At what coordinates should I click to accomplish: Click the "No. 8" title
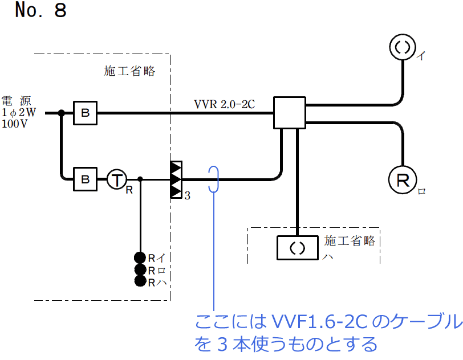(x=40, y=11)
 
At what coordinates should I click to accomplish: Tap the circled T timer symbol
(x=116, y=179)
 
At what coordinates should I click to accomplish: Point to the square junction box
(x=290, y=112)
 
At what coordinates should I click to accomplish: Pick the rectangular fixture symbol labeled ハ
(x=298, y=247)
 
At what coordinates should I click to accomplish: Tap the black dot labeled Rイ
(x=140, y=258)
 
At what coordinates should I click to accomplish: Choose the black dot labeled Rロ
(x=140, y=269)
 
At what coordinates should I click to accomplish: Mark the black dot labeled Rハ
(x=140, y=281)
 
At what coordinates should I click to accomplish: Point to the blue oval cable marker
(x=214, y=179)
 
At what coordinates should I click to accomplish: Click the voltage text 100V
(x=15, y=124)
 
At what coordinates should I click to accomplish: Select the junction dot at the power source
(x=61, y=113)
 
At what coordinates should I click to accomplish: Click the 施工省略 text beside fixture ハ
(x=350, y=241)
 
